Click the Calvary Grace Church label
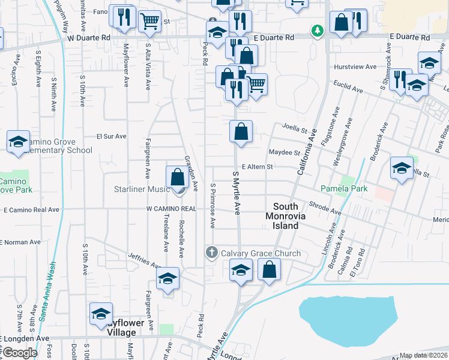[261, 253]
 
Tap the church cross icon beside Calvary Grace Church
[211, 253]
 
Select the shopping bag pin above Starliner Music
[178, 178]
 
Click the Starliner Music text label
[142, 190]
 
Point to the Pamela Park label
[344, 189]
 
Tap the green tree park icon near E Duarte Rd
[316, 30]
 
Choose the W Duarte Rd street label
[89, 37]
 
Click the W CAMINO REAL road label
[172, 209]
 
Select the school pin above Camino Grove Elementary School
[19, 143]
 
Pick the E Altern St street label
[257, 167]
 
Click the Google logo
[20, 352]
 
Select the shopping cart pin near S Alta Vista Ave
[149, 21]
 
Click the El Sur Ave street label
[111, 136]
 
